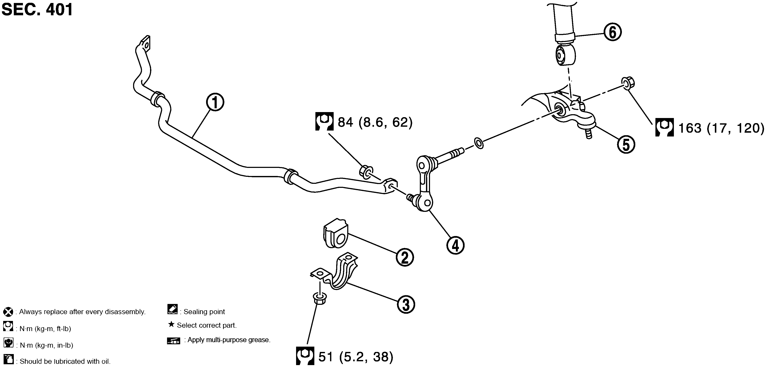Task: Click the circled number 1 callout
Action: [215, 102]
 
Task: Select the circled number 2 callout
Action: [405, 257]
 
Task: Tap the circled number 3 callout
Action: [406, 305]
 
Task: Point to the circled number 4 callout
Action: [455, 245]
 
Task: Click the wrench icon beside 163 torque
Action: [665, 128]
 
